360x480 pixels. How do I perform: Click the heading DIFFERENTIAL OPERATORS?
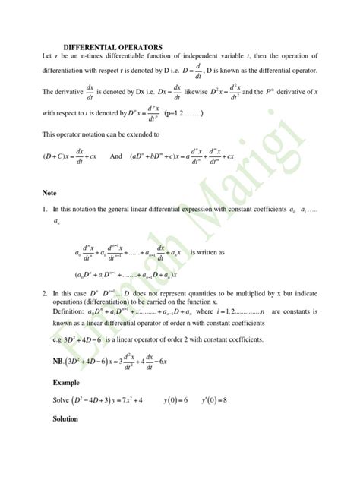(x=112, y=47)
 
